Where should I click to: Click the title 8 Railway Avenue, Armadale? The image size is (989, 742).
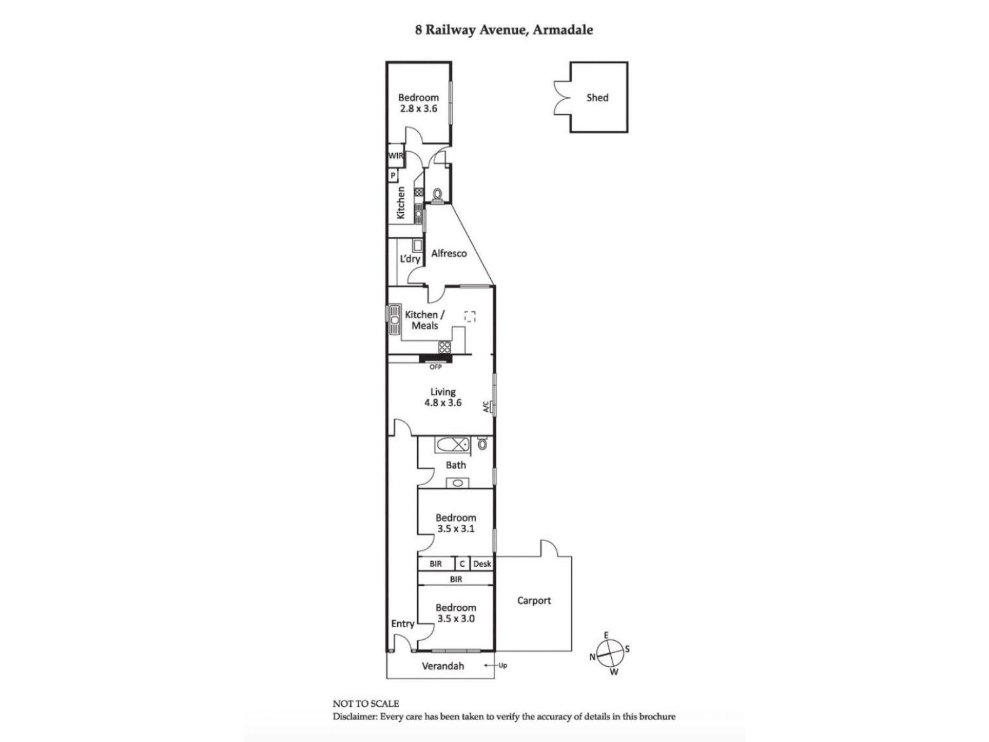[x=503, y=30]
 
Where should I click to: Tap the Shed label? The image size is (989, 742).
[x=597, y=97]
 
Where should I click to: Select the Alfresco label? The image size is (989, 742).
[x=449, y=254]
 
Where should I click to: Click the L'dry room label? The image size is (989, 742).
[x=410, y=259]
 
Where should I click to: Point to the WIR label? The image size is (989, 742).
[x=395, y=156]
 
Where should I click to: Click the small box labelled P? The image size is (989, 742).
[x=393, y=176]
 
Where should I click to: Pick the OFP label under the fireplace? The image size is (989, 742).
[x=436, y=367]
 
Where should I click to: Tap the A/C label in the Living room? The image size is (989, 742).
[x=486, y=407]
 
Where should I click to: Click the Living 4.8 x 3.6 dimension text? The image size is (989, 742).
[x=442, y=403]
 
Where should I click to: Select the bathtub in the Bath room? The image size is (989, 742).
[x=452, y=445]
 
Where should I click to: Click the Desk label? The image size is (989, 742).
[x=482, y=564]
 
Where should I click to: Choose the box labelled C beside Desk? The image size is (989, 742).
[x=462, y=564]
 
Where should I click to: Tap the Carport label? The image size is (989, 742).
[x=533, y=601]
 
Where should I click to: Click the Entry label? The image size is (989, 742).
[x=402, y=623]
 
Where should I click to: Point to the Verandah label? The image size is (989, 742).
[x=442, y=666]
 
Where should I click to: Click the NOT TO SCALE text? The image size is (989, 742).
[x=366, y=704]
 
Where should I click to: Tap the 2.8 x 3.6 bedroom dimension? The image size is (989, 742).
[x=419, y=109]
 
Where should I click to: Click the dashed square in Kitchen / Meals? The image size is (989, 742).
[x=470, y=316]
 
